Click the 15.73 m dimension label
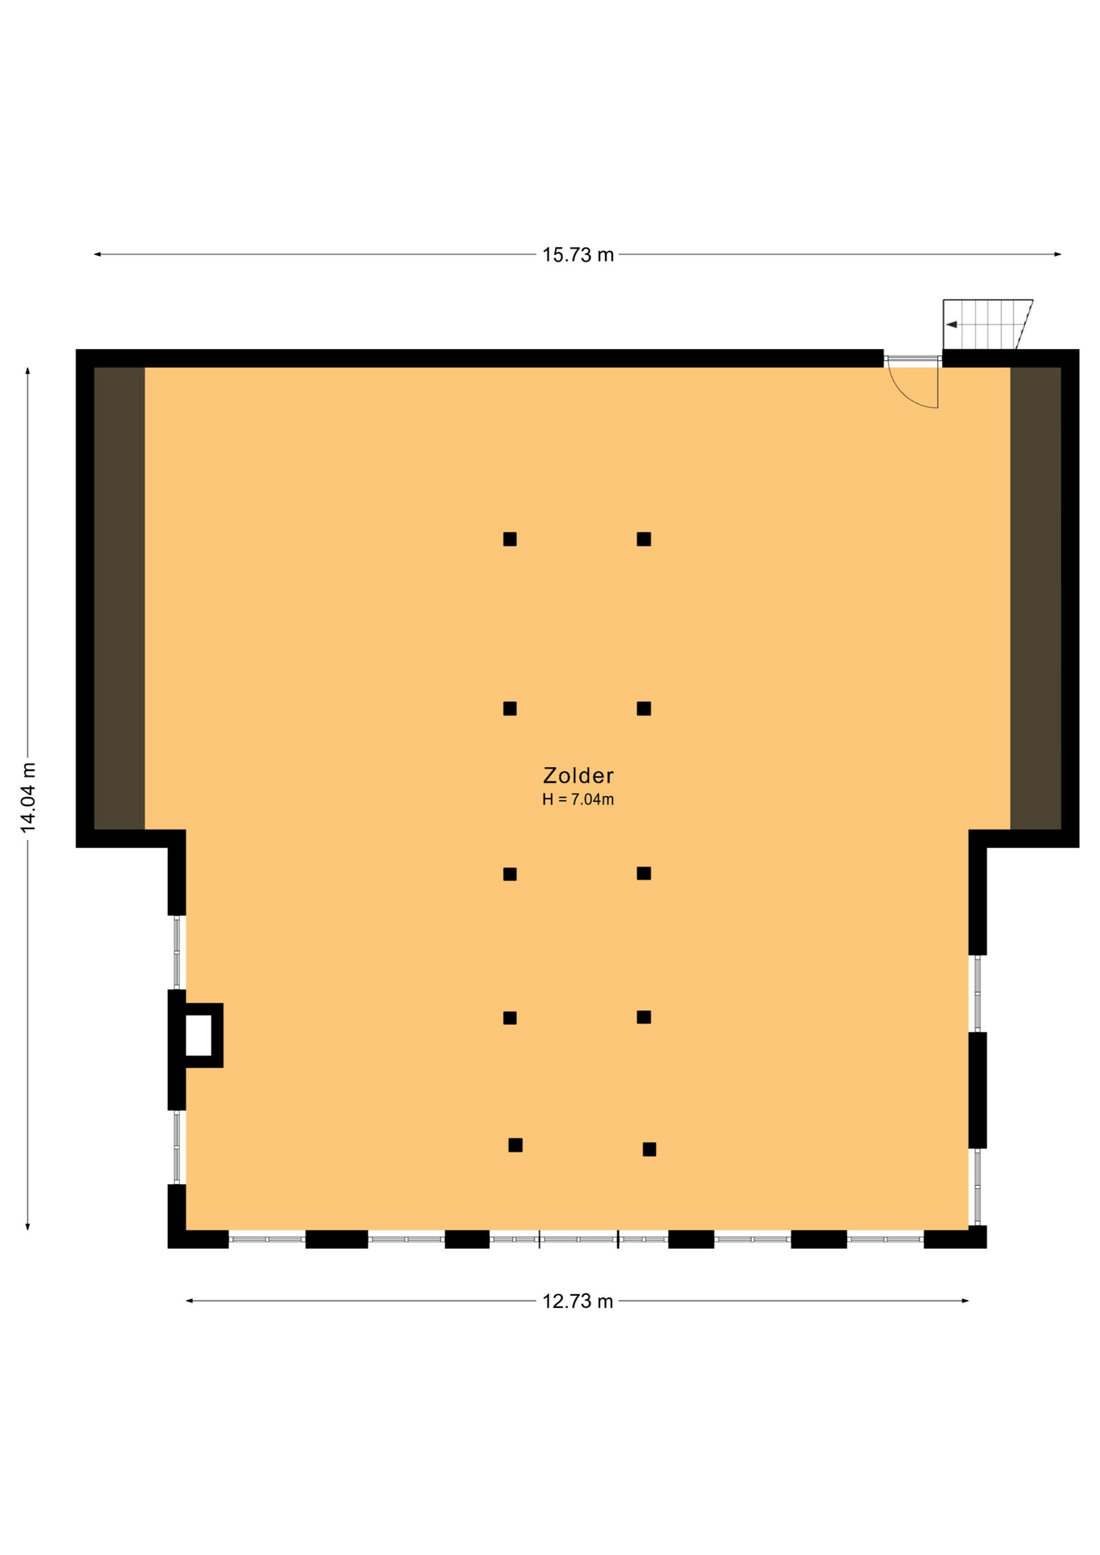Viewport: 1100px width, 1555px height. pyautogui.click(x=578, y=255)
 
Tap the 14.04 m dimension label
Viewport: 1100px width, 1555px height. pyautogui.click(x=28, y=797)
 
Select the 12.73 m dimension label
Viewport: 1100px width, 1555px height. pyautogui.click(x=578, y=1302)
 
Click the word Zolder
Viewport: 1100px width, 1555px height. pyautogui.click(x=578, y=776)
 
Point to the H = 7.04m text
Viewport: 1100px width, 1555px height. pyautogui.click(x=578, y=800)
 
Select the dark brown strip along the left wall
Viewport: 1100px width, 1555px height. pyautogui.click(x=120, y=598)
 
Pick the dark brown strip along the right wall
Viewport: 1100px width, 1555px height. pyautogui.click(x=1035, y=598)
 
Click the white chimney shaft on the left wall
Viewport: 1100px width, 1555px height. pyautogui.click(x=198, y=1035)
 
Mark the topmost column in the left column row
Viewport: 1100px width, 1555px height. pyautogui.click(x=509, y=539)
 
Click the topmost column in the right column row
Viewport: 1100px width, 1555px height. pyautogui.click(x=644, y=539)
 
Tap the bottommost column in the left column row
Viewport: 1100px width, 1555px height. pyautogui.click(x=515, y=1145)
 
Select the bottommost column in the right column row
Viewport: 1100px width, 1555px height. pyautogui.click(x=650, y=1149)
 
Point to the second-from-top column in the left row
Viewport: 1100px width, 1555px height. pyautogui.click(x=509, y=709)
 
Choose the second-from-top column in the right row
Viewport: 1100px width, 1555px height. pyautogui.click(x=644, y=709)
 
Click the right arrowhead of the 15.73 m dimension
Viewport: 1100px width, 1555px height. pyautogui.click(x=1057, y=254)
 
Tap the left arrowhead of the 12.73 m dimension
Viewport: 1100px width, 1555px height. pyautogui.click(x=190, y=1301)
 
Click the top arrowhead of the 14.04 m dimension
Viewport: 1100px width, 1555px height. pyautogui.click(x=28, y=372)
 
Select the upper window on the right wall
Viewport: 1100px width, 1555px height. pyautogui.click(x=978, y=994)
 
